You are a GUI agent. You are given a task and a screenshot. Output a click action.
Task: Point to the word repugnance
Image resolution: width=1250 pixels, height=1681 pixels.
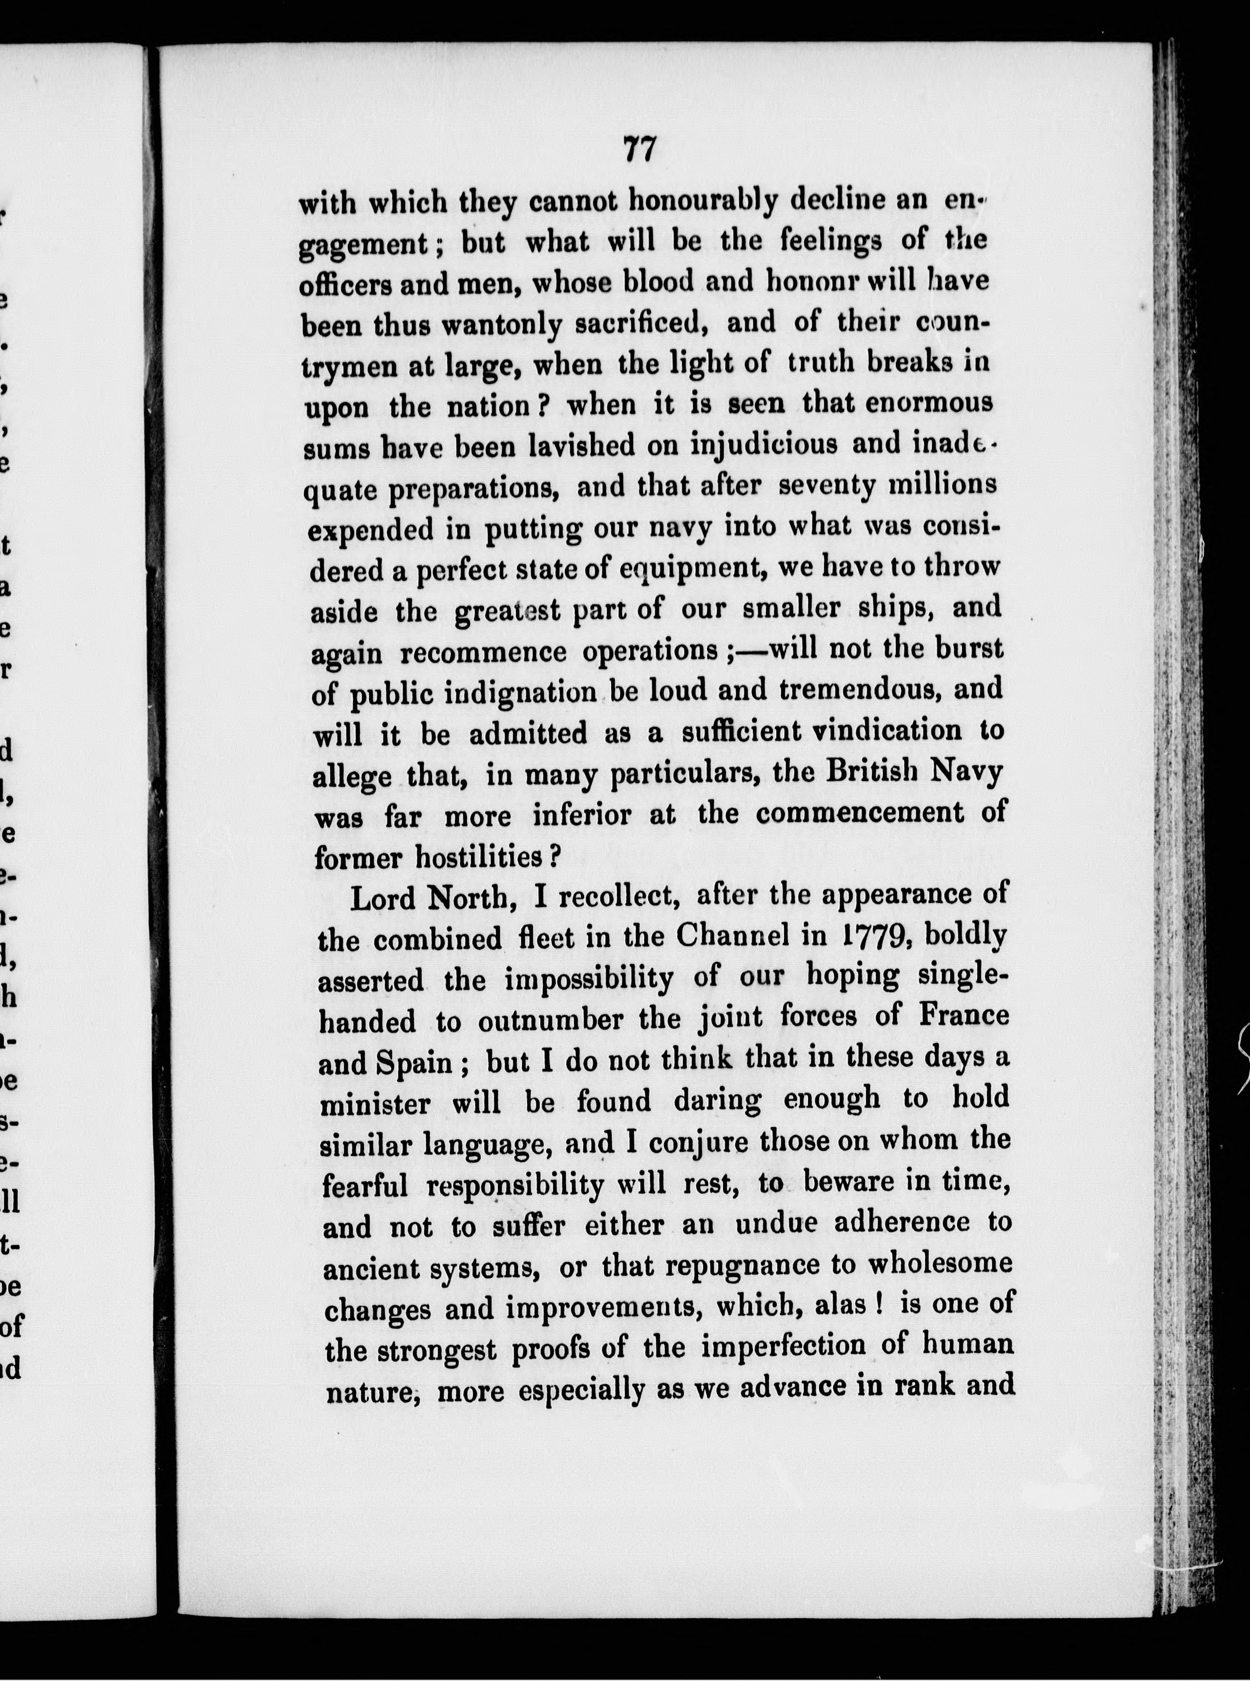[x=758, y=1265]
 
